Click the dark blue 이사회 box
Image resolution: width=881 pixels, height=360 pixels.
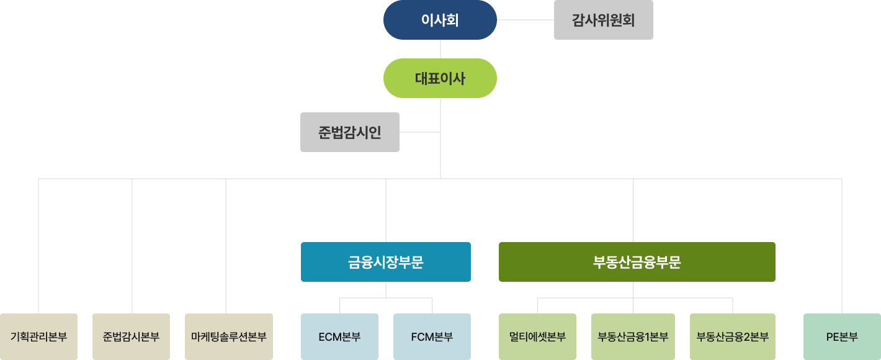(x=440, y=20)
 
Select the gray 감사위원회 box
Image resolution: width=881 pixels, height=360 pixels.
(x=603, y=20)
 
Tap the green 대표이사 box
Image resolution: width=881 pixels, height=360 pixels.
(x=440, y=78)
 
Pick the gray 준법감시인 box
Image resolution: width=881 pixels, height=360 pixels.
(x=349, y=132)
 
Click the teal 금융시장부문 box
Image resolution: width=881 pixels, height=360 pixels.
(x=385, y=262)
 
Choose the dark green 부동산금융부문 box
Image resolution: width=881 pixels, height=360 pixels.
(x=637, y=262)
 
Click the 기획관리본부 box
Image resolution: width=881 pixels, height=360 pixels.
(x=38, y=337)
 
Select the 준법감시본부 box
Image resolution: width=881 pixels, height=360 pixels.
(x=131, y=337)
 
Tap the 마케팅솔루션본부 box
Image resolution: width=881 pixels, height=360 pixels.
(x=228, y=337)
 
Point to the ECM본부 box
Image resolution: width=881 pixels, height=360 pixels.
(x=339, y=337)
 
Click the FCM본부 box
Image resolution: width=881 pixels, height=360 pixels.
(x=432, y=337)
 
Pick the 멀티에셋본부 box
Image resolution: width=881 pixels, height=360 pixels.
(x=537, y=337)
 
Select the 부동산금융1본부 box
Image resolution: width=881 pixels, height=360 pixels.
(x=633, y=337)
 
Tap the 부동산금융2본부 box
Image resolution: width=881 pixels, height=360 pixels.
(x=732, y=337)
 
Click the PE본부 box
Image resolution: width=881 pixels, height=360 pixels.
(x=842, y=337)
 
